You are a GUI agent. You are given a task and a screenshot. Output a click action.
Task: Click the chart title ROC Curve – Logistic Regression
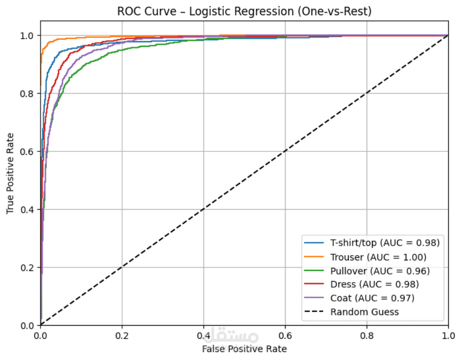point(244,12)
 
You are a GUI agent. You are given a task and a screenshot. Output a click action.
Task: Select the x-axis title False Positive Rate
point(244,348)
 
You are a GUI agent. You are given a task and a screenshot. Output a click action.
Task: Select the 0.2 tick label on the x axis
point(122,335)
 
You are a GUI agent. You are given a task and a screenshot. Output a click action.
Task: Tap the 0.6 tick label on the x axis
point(285,335)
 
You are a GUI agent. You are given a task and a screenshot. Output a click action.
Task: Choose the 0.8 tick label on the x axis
point(367,335)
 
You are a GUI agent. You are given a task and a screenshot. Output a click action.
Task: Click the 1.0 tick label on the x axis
point(448,335)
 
